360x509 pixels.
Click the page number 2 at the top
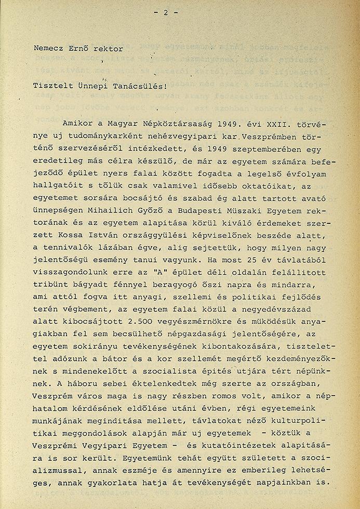165,13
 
